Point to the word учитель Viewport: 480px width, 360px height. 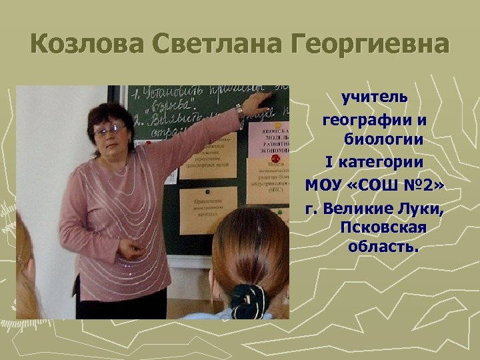point(375,98)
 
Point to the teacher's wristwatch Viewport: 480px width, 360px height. point(239,111)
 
